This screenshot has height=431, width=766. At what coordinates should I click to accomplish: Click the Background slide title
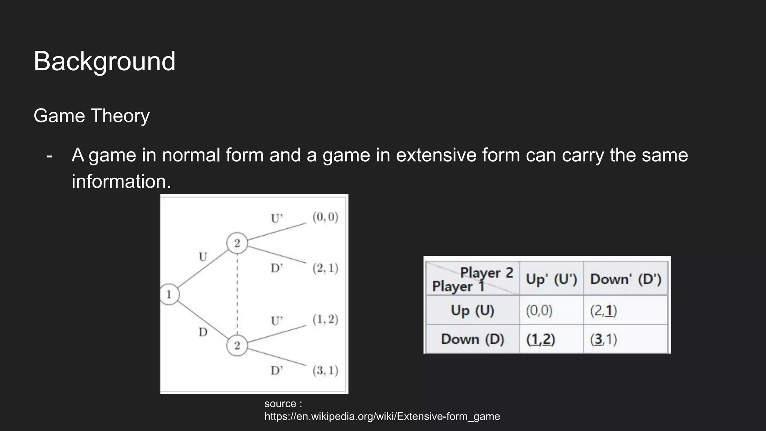click(x=104, y=61)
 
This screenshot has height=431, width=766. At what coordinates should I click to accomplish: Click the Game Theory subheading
click(x=92, y=116)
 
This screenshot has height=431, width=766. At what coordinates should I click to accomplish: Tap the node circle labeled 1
click(x=169, y=294)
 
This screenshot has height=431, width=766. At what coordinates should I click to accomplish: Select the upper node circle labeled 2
click(x=237, y=243)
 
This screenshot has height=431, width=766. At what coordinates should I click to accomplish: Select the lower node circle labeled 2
click(x=237, y=345)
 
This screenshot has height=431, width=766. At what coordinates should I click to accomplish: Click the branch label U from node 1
click(x=203, y=257)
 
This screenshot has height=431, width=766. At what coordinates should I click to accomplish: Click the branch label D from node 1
click(x=203, y=332)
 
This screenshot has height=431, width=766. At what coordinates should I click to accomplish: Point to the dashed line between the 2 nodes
click(x=237, y=294)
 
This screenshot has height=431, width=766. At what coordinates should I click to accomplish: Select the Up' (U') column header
click(x=551, y=279)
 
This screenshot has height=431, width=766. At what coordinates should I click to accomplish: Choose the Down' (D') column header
click(x=626, y=279)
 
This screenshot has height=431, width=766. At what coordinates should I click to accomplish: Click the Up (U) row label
click(x=472, y=311)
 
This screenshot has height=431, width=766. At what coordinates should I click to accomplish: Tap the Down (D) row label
click(x=472, y=339)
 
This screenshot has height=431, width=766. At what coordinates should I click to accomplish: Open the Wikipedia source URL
click(x=382, y=416)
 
